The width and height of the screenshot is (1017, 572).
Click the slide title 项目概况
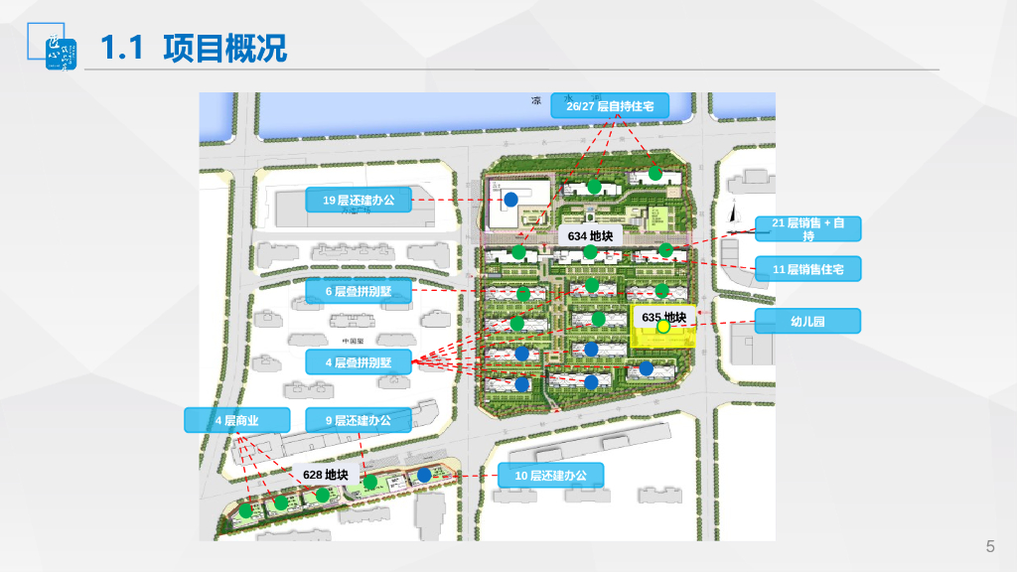pyautogui.click(x=225, y=47)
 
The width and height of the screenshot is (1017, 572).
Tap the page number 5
pyautogui.click(x=989, y=546)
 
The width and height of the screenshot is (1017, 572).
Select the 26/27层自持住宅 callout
pyautogui.click(x=610, y=105)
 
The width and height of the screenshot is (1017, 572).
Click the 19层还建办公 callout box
pyautogui.click(x=358, y=201)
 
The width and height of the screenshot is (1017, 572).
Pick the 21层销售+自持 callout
pyautogui.click(x=807, y=228)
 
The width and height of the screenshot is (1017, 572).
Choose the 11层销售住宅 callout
pyautogui.click(x=807, y=268)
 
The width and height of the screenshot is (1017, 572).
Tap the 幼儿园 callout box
pyautogui.click(x=807, y=321)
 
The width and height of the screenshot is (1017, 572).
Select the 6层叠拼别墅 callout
pyautogui.click(x=358, y=291)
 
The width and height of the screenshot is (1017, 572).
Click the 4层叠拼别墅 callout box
pyautogui.click(x=358, y=361)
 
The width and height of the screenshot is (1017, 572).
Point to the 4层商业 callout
pyautogui.click(x=236, y=420)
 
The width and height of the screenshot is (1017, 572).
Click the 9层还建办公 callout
pyautogui.click(x=358, y=420)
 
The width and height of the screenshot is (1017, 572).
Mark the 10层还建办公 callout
pyautogui.click(x=550, y=476)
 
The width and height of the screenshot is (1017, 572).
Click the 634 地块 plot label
pyautogui.click(x=589, y=236)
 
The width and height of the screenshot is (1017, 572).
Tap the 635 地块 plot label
pyautogui.click(x=663, y=317)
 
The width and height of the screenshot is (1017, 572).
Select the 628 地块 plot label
pyautogui.click(x=325, y=475)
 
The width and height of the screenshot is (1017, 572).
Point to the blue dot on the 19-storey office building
pyautogui.click(x=510, y=200)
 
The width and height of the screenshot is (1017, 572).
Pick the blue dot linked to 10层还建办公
pyautogui.click(x=424, y=475)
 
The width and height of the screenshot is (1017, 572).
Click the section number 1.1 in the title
pyautogui.click(x=125, y=47)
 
